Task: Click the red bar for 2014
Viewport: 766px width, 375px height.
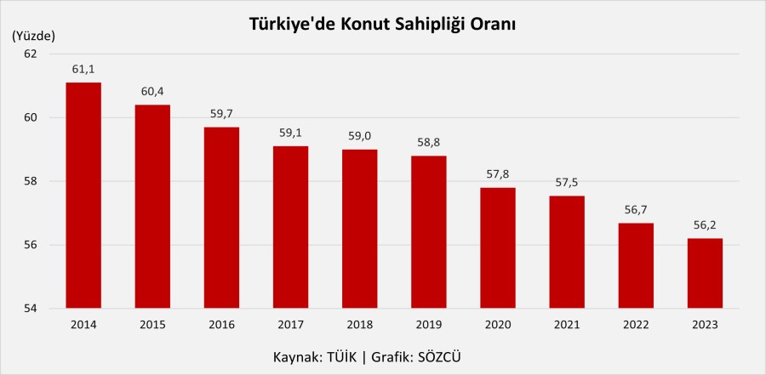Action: coord(83,195)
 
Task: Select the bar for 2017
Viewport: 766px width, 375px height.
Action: coord(290,227)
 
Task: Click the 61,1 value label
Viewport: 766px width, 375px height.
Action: coord(83,68)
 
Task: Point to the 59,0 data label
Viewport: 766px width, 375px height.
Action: coord(359,135)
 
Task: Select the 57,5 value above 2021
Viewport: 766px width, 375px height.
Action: coord(566,182)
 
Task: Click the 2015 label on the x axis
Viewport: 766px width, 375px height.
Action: coord(152,325)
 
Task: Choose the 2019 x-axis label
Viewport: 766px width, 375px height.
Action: coord(428,325)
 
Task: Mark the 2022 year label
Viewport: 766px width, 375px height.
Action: coord(636,325)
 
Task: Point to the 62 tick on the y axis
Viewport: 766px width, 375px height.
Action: coord(31,54)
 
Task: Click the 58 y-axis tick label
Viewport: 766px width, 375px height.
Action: coord(31,181)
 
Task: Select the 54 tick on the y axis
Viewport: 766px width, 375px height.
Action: coord(31,308)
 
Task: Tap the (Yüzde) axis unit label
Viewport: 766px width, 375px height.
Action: coord(33,36)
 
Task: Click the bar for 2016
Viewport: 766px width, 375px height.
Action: coord(221,218)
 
